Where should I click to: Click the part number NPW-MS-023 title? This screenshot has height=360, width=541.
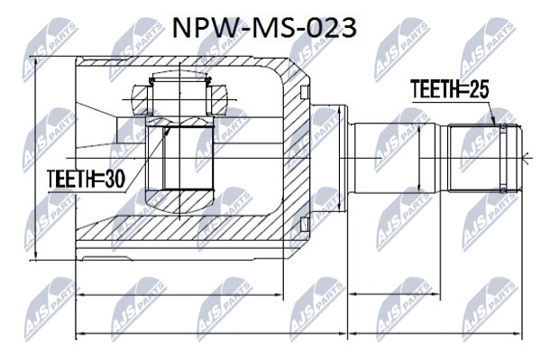click(x=264, y=28)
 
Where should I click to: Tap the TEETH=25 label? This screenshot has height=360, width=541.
click(x=450, y=89)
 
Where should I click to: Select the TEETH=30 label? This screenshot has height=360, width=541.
click(x=86, y=179)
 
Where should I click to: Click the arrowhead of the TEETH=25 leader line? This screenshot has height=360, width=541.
click(x=494, y=121)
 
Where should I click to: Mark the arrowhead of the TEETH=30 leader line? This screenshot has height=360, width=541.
click(x=167, y=131)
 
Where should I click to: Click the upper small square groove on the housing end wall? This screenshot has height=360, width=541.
click(x=304, y=92)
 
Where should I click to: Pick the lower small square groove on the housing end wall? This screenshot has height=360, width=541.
click(x=304, y=225)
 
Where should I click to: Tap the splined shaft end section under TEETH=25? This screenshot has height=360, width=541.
click(x=483, y=158)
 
